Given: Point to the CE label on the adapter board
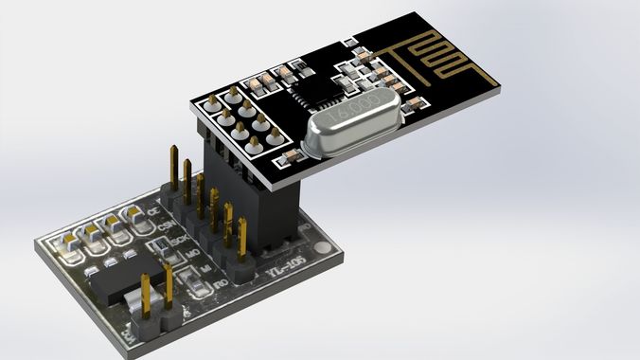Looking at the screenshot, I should pyautogui.click(x=153, y=214).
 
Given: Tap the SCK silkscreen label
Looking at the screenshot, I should pyautogui.click(x=179, y=242).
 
